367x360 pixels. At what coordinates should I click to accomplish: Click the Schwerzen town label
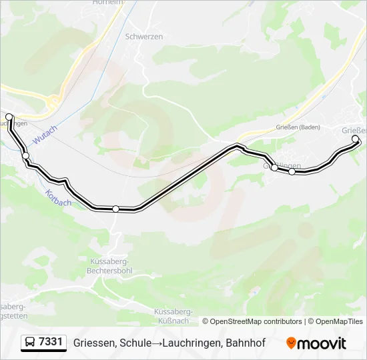pos(144,37)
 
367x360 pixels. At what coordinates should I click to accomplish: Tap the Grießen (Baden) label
pos(298,127)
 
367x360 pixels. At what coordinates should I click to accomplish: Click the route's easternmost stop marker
pos(355,139)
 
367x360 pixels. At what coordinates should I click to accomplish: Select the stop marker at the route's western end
pos(9,117)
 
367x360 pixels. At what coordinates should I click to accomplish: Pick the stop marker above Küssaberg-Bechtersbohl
pos(115,209)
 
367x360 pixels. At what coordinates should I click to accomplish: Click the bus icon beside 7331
pos(31,343)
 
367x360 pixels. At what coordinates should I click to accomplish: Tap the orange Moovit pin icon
pos(291,343)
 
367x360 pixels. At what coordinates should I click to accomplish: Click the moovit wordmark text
pos(322,343)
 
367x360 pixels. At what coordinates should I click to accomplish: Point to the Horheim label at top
pos(111,2)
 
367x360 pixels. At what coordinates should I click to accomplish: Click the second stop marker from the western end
pos(26,156)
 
